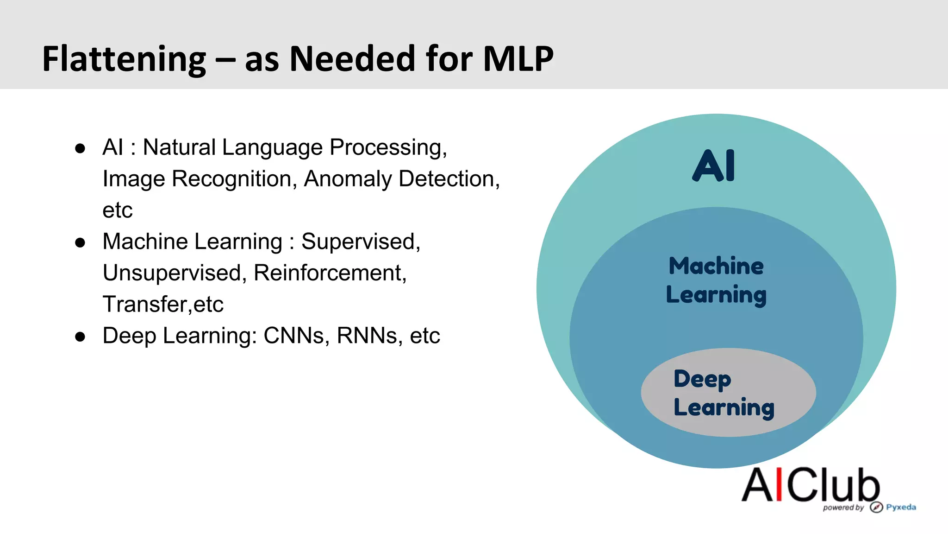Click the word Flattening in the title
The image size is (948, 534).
click(124, 59)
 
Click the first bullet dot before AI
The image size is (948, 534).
click(80, 148)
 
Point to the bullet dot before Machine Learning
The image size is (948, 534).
click(80, 242)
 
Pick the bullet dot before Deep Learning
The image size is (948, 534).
click(80, 337)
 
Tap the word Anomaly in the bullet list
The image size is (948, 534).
click(348, 179)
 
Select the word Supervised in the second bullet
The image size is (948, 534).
click(361, 242)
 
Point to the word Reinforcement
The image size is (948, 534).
click(330, 273)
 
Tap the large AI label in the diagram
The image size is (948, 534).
click(714, 165)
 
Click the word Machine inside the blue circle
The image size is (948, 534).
click(716, 266)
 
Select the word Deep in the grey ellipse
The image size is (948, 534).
click(702, 379)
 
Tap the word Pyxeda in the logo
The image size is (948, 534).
click(901, 507)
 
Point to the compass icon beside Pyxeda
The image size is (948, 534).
click(876, 507)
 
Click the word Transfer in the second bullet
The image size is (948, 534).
click(144, 305)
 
